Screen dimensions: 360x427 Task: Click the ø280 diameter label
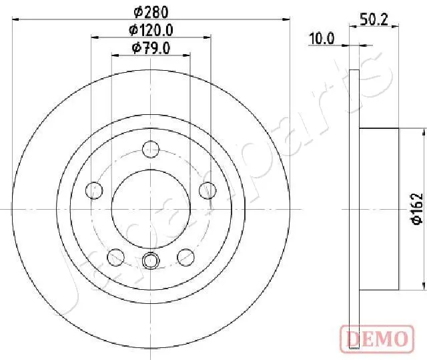[x=151, y=11]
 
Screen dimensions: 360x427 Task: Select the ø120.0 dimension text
[x=151, y=29]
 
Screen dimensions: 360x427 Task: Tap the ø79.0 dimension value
[x=151, y=47]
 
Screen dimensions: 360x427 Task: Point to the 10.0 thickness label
[x=321, y=38]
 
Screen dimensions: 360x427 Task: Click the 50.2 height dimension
[x=375, y=20]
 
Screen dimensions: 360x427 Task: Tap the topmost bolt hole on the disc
[x=151, y=148]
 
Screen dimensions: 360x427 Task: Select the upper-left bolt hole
[x=95, y=191]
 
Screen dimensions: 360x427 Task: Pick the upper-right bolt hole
[x=207, y=191]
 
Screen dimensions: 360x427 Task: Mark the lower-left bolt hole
[x=117, y=256]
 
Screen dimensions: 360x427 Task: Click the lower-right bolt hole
[x=186, y=256]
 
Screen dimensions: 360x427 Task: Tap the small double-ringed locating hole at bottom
[x=151, y=260]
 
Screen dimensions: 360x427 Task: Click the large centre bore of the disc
[x=151, y=208]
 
